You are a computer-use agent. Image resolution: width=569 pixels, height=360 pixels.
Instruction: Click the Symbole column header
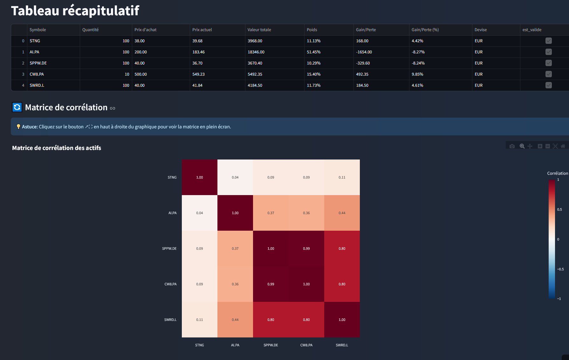38,30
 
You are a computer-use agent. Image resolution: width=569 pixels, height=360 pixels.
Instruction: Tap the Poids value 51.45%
314,52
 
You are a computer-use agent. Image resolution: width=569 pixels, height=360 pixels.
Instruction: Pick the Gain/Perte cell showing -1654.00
364,52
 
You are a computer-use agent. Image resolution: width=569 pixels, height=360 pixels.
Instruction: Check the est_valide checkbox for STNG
548,41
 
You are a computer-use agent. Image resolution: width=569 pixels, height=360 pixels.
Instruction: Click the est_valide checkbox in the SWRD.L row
548,85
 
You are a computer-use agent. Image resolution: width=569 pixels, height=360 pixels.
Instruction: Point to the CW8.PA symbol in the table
37,74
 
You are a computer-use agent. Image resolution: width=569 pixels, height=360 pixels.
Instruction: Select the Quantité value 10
127,74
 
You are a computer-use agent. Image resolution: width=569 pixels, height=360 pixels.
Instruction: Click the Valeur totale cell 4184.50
255,85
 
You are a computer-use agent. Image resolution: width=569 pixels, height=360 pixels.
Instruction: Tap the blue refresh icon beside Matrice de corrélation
17,107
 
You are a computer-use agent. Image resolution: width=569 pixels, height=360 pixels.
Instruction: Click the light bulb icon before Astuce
18,126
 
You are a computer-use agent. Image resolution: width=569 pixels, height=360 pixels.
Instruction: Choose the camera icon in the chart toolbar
512,146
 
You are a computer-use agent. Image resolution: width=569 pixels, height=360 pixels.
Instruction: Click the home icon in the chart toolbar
563,146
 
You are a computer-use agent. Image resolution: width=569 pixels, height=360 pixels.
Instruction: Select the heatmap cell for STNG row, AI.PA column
235,177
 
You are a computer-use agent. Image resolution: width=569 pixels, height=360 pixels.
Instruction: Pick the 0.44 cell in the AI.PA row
342,213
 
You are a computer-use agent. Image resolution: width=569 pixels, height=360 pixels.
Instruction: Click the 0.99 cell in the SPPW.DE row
306,248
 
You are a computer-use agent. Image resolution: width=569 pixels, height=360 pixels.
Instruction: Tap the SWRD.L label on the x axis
342,345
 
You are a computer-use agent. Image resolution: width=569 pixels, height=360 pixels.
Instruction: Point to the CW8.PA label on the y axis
170,284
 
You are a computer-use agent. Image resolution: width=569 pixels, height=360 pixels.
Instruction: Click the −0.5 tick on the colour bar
560,269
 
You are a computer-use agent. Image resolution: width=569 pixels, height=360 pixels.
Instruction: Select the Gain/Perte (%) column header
425,30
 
